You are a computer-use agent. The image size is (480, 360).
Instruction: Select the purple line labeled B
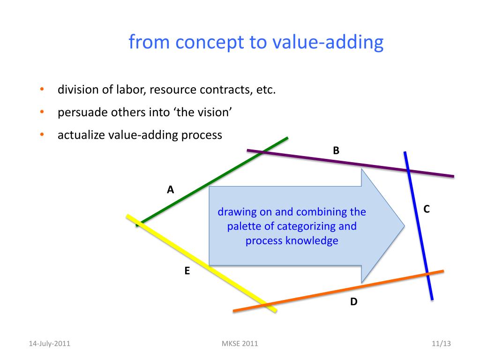click(352, 163)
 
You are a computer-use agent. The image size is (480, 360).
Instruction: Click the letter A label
click(171, 190)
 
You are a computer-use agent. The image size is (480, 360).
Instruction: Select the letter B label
click(336, 150)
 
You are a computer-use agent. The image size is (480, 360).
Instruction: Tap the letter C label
click(427, 209)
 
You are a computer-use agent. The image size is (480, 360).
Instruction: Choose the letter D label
click(353, 301)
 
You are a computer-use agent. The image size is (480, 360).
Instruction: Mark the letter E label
click(187, 270)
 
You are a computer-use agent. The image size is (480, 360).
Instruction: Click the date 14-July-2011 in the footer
click(50, 344)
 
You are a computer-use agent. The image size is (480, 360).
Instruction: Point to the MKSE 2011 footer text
click(239, 344)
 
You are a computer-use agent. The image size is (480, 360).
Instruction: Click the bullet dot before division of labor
click(41, 89)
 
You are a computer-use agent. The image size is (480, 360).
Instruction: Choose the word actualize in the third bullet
click(81, 135)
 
